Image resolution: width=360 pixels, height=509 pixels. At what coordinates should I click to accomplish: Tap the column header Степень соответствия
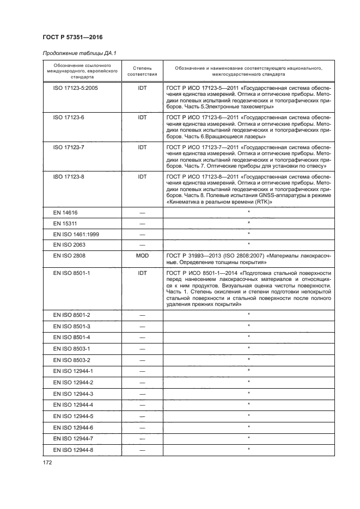click(142, 71)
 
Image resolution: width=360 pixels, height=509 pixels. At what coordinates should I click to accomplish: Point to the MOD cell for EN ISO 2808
click(142, 254)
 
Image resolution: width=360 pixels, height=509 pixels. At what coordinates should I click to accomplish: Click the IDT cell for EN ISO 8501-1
click(142, 272)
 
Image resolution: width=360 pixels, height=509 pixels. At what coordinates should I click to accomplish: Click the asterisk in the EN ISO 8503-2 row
click(248, 359)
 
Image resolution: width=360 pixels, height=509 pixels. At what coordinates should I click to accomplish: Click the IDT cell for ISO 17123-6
click(142, 116)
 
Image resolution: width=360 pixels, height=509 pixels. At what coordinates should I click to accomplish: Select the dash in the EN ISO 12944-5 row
click(142, 416)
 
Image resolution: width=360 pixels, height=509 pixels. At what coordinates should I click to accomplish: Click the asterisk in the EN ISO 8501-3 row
click(248, 326)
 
